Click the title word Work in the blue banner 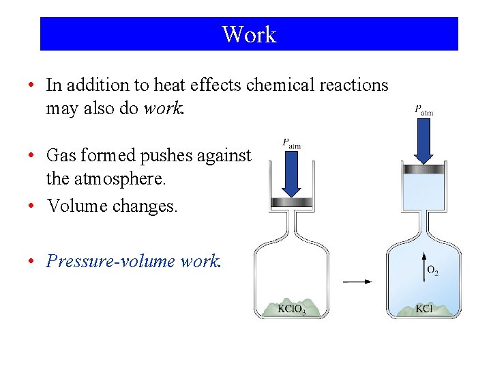[x=249, y=34]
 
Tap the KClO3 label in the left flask [x=292, y=309]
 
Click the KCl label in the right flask [x=423, y=309]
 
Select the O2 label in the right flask [x=432, y=271]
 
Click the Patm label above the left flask [x=291, y=143]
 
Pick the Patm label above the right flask [x=423, y=109]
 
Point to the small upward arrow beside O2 [x=422, y=266]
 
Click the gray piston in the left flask [x=291, y=202]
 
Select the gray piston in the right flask [x=424, y=169]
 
